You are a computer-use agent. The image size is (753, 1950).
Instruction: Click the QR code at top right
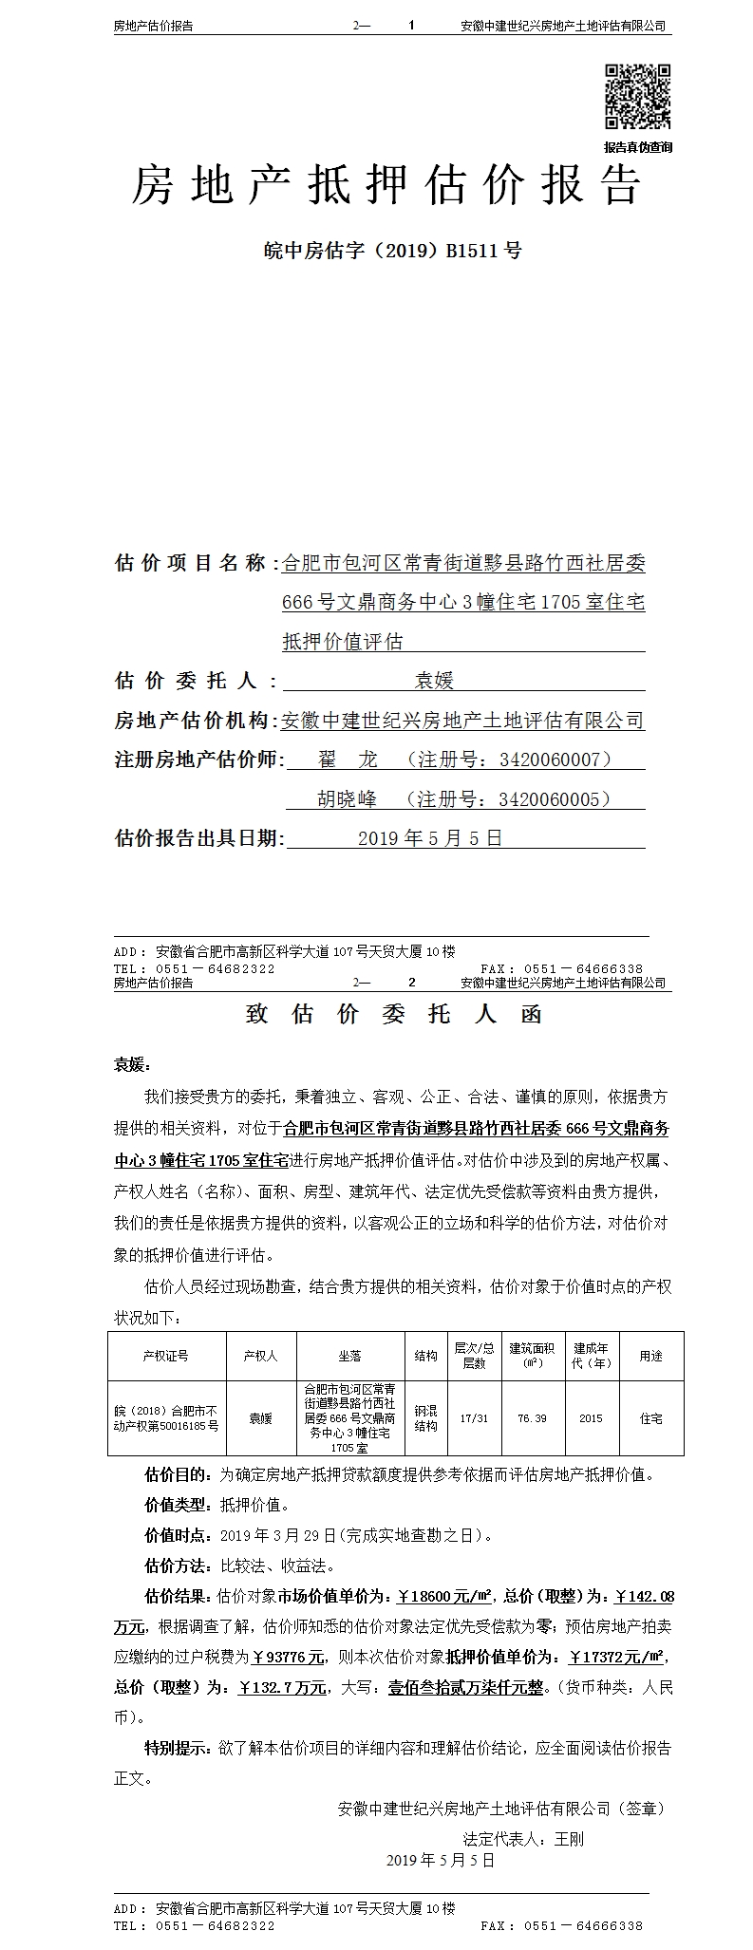[x=638, y=97]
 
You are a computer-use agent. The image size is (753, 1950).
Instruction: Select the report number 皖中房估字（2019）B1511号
[x=392, y=251]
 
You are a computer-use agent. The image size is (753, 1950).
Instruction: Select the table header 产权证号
[x=166, y=1356]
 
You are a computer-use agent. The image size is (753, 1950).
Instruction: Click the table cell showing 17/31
[x=474, y=1418]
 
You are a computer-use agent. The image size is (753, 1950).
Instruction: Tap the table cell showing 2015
[x=591, y=1418]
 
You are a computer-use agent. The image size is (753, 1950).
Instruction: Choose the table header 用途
[x=650, y=1356]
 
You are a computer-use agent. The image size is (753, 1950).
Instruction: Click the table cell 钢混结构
[x=426, y=1418]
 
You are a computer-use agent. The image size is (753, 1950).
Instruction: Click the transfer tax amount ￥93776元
[x=290, y=1657]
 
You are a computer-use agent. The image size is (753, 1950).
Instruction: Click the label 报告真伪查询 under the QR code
[x=637, y=147]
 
